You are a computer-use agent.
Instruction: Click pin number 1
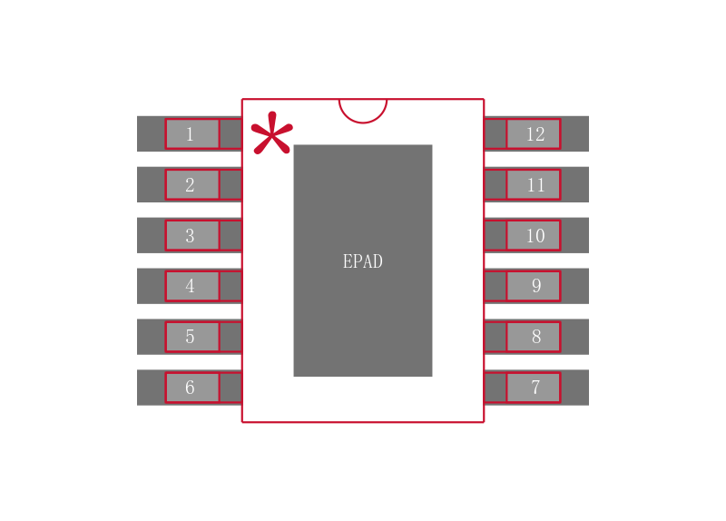[191, 134]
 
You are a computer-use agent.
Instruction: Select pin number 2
[191, 185]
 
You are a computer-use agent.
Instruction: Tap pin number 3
[191, 236]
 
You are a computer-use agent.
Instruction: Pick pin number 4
[191, 286]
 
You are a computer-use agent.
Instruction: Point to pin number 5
[191, 337]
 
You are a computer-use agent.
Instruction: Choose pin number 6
[191, 388]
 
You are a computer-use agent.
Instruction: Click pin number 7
[535, 388]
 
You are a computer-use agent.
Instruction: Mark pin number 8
[535, 337]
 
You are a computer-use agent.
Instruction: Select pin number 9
[535, 286]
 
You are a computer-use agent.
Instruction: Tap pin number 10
[535, 236]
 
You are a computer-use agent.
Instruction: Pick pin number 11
[535, 185]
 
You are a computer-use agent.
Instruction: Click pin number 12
[535, 134]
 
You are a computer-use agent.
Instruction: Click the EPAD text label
[363, 261]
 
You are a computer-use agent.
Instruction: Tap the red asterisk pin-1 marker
[271, 135]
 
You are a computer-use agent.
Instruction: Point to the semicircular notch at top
[363, 109]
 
